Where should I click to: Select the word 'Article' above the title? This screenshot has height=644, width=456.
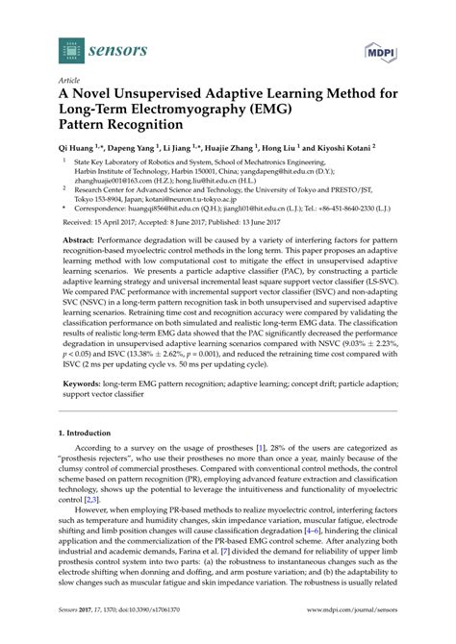(x=68, y=81)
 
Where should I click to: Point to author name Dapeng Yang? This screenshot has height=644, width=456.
(x=133, y=151)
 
